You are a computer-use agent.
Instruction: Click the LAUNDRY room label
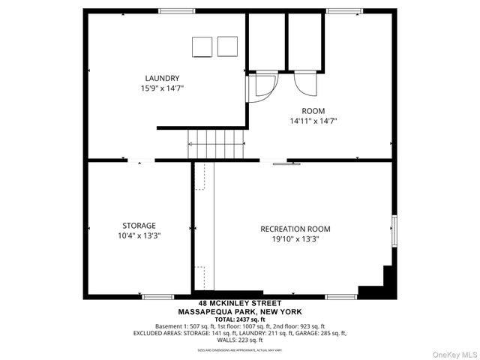click(x=162, y=78)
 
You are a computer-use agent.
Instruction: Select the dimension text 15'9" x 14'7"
click(x=162, y=88)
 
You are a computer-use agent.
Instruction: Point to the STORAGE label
click(x=139, y=225)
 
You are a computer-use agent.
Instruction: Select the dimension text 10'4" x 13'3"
click(x=139, y=235)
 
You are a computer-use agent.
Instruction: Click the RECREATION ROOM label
click(x=295, y=229)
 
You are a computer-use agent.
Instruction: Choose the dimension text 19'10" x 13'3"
click(x=295, y=239)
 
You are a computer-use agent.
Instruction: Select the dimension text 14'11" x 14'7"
click(x=313, y=120)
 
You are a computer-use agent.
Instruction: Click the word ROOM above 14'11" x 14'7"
click(x=313, y=109)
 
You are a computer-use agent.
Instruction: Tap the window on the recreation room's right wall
click(x=392, y=228)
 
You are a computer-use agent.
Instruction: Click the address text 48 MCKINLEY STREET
click(x=240, y=304)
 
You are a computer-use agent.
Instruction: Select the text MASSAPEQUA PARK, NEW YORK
click(x=240, y=312)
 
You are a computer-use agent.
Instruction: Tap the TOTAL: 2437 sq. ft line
click(x=240, y=319)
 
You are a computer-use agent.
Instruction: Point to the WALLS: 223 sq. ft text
click(x=240, y=340)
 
